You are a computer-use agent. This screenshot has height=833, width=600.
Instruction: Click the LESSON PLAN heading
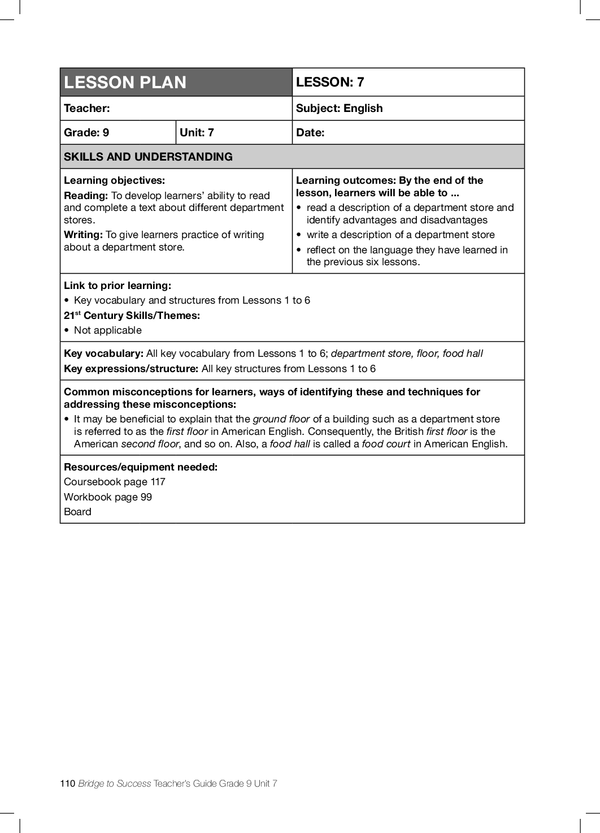point(125,83)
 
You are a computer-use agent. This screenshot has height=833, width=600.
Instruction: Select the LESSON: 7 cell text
point(330,82)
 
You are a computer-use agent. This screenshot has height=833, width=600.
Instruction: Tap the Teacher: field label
point(87,108)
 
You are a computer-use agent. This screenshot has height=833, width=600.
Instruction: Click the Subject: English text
point(339,108)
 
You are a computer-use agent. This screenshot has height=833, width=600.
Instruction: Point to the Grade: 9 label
point(86,132)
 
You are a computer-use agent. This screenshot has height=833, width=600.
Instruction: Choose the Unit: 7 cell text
point(197,132)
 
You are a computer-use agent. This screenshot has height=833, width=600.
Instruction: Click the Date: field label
point(310,132)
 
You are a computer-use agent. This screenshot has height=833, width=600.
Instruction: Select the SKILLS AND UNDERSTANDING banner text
point(148,157)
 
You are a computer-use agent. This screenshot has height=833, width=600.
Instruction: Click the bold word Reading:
point(86,196)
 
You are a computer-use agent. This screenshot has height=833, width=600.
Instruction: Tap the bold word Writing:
point(83,235)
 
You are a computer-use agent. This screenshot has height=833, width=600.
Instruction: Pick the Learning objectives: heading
point(114,180)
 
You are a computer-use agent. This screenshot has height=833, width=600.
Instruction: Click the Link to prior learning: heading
point(118,286)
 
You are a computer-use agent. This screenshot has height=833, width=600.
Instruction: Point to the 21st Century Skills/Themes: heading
point(132,316)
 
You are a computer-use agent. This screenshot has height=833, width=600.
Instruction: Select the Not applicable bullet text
point(108,330)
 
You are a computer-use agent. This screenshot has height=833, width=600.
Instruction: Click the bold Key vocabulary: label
point(103,353)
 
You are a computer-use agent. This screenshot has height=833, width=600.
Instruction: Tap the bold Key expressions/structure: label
point(131,369)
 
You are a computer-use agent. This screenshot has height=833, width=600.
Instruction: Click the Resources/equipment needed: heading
point(141,467)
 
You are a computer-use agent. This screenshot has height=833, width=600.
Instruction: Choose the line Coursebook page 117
point(115,482)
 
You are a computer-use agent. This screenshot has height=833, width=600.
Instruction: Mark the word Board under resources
point(77,512)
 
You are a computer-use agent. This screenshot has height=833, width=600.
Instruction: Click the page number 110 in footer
point(67,783)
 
